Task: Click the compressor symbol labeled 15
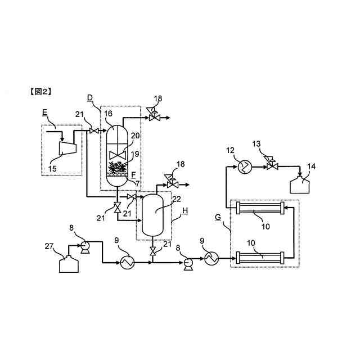[67, 147]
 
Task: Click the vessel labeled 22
[153, 214]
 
